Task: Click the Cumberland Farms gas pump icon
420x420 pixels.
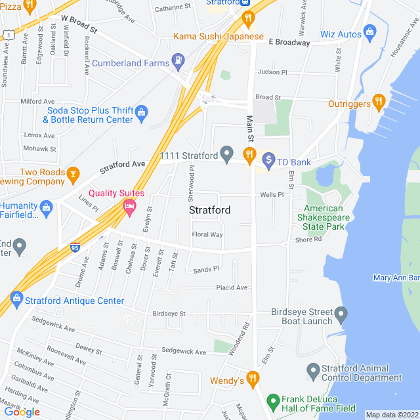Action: pyautogui.click(x=178, y=62)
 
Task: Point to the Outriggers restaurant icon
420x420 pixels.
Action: pyautogui.click(x=378, y=102)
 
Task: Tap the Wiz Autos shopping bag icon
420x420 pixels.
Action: pyautogui.click(x=369, y=31)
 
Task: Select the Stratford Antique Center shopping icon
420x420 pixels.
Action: pyautogui.click(x=16, y=300)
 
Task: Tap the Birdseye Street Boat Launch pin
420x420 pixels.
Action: pyautogui.click(x=340, y=316)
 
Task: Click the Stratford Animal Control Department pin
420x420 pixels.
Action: pyautogui.click(x=312, y=371)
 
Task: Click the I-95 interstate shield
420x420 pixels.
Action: pyautogui.click(x=74, y=247)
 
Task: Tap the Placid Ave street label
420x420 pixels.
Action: pyautogui.click(x=232, y=287)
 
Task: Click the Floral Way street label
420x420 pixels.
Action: pyautogui.click(x=207, y=234)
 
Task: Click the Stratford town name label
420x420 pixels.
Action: pyautogui.click(x=209, y=211)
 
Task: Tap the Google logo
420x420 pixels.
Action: pyautogui.click(x=22, y=411)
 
